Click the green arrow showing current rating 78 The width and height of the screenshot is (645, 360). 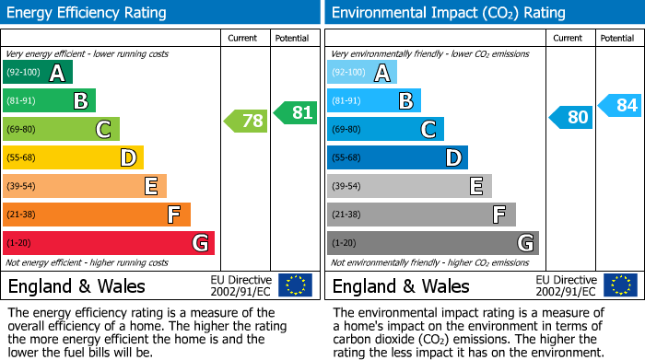pos(246,121)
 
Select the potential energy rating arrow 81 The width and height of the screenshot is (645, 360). pos(295,113)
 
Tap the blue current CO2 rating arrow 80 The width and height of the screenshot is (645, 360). pos(571,117)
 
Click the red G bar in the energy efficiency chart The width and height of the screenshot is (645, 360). pos(108,243)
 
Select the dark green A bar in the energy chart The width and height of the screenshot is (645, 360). pos(37,73)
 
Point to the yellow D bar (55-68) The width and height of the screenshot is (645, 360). pos(73,157)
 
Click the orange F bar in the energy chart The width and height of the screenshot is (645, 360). pos(97,215)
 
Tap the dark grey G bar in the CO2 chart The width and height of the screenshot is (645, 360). pos(432,243)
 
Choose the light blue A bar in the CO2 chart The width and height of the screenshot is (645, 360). pos(362,73)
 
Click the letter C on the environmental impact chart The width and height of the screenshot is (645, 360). pos(428,130)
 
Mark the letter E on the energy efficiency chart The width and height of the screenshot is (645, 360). pos(150,187)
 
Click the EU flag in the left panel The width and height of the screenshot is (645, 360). pos(295,285)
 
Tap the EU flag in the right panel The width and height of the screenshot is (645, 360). pos(619,285)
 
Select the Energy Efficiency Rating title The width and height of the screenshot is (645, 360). pos(88,13)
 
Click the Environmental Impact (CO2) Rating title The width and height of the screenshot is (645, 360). pos(448,13)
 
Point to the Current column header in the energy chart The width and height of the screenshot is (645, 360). pos(244,38)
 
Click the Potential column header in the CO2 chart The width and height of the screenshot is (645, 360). pos(617,38)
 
